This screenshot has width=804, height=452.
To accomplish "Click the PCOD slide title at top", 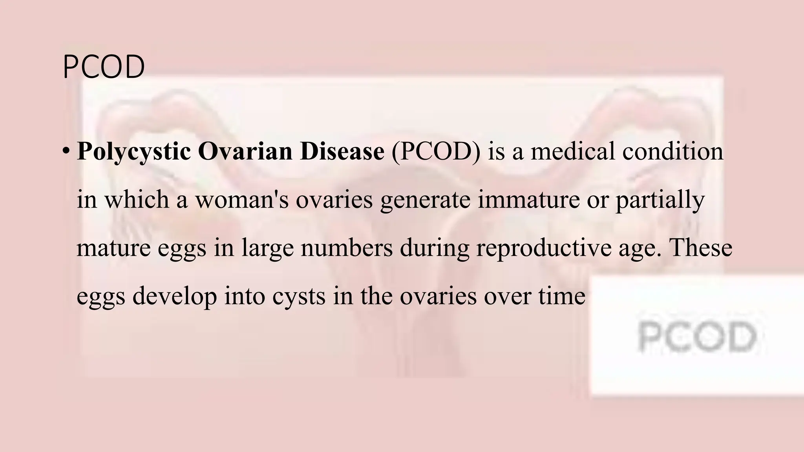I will point(104,67).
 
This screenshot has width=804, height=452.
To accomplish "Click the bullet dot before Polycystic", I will point(66,151).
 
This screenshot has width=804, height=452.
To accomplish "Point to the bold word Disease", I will point(342,151).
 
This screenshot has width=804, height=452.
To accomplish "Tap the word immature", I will point(528,200).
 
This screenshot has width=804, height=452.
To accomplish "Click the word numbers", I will point(347,248).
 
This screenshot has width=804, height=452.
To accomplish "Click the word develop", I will point(174,297).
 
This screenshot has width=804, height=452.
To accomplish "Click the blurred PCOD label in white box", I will point(697,336).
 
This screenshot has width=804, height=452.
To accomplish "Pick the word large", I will point(267,249).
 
